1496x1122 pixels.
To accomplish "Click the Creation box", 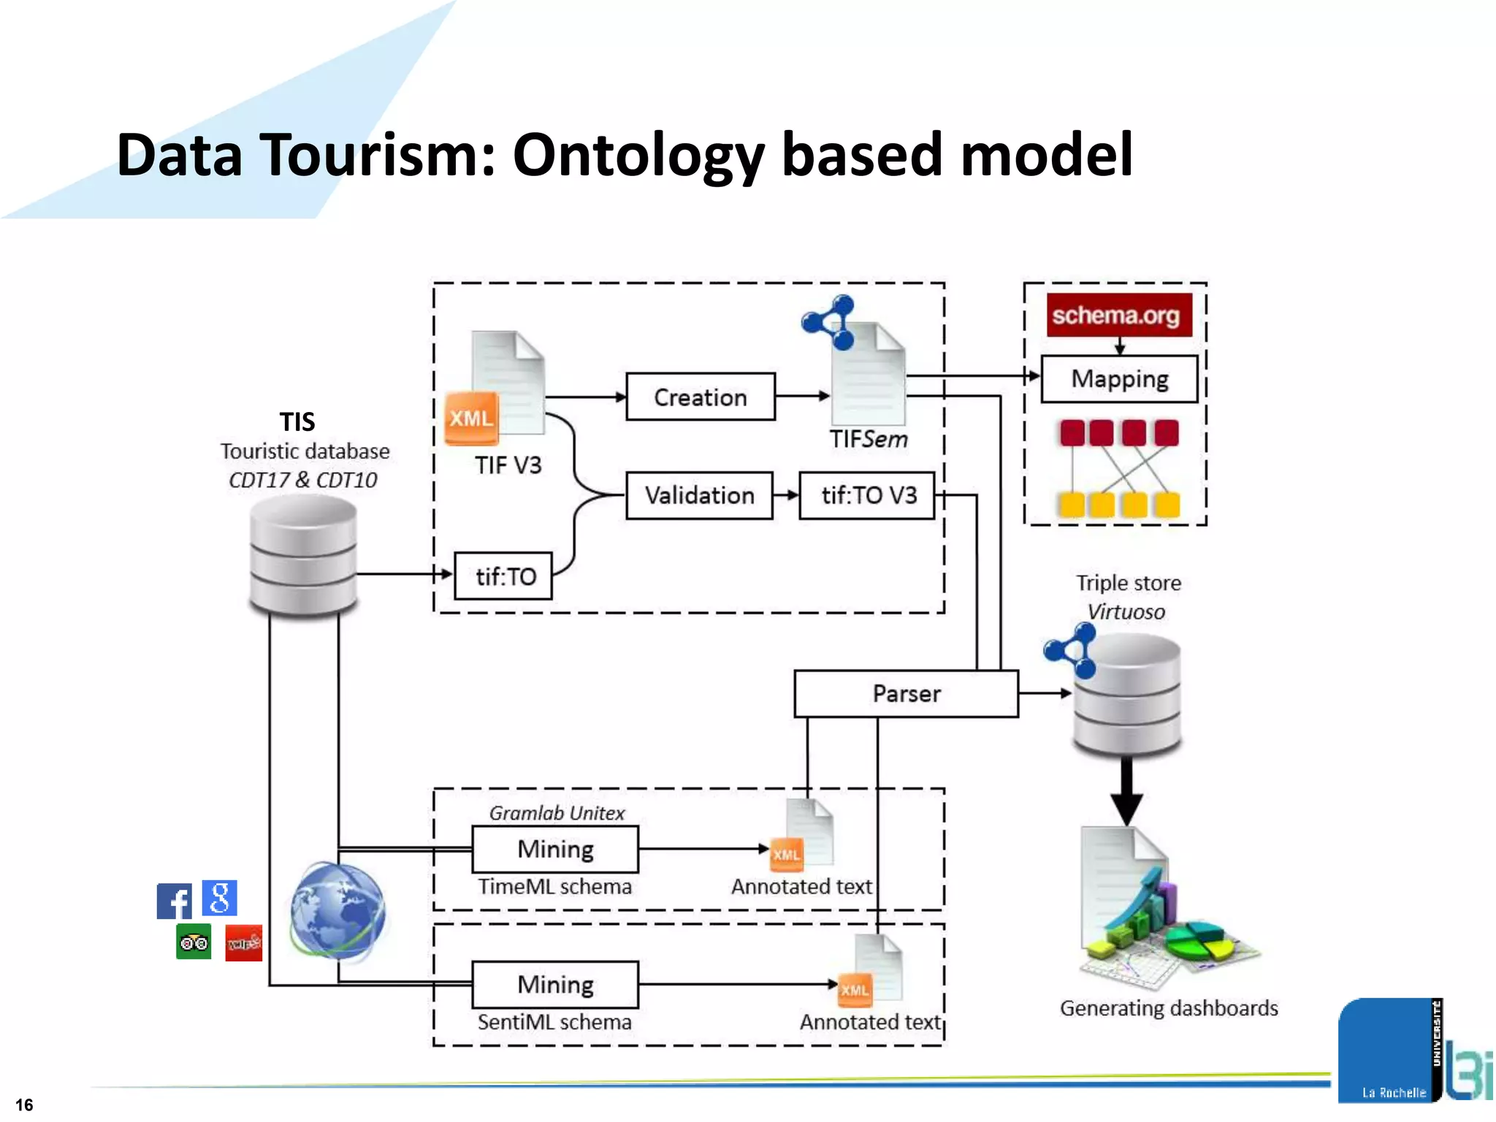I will (x=700, y=397).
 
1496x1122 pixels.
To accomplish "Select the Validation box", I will (x=699, y=495).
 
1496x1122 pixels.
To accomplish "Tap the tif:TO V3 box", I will (x=867, y=495).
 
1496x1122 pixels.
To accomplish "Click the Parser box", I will (x=906, y=693).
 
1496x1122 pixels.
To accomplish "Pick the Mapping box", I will (x=1119, y=378).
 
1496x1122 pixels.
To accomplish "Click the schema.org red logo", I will (x=1118, y=315).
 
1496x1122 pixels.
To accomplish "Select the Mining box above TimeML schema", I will (x=555, y=849).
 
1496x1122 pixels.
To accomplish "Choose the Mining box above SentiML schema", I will (x=555, y=984).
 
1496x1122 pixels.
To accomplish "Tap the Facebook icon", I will (x=174, y=901).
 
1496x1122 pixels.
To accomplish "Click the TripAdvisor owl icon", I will (x=194, y=942).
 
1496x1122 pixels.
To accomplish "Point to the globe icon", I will (x=337, y=911).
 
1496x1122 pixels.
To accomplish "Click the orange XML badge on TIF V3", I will (x=471, y=418).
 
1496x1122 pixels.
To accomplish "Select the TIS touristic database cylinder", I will (x=302, y=555).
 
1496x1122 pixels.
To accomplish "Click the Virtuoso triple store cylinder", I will (x=1127, y=694).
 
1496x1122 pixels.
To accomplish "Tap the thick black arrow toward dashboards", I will (x=1126, y=793).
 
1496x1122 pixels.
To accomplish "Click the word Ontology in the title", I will (x=638, y=155).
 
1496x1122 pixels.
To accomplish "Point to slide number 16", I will (x=24, y=1104).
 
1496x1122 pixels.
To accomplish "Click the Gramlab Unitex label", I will (x=557, y=813).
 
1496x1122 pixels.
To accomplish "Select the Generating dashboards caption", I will (x=1169, y=1008).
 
